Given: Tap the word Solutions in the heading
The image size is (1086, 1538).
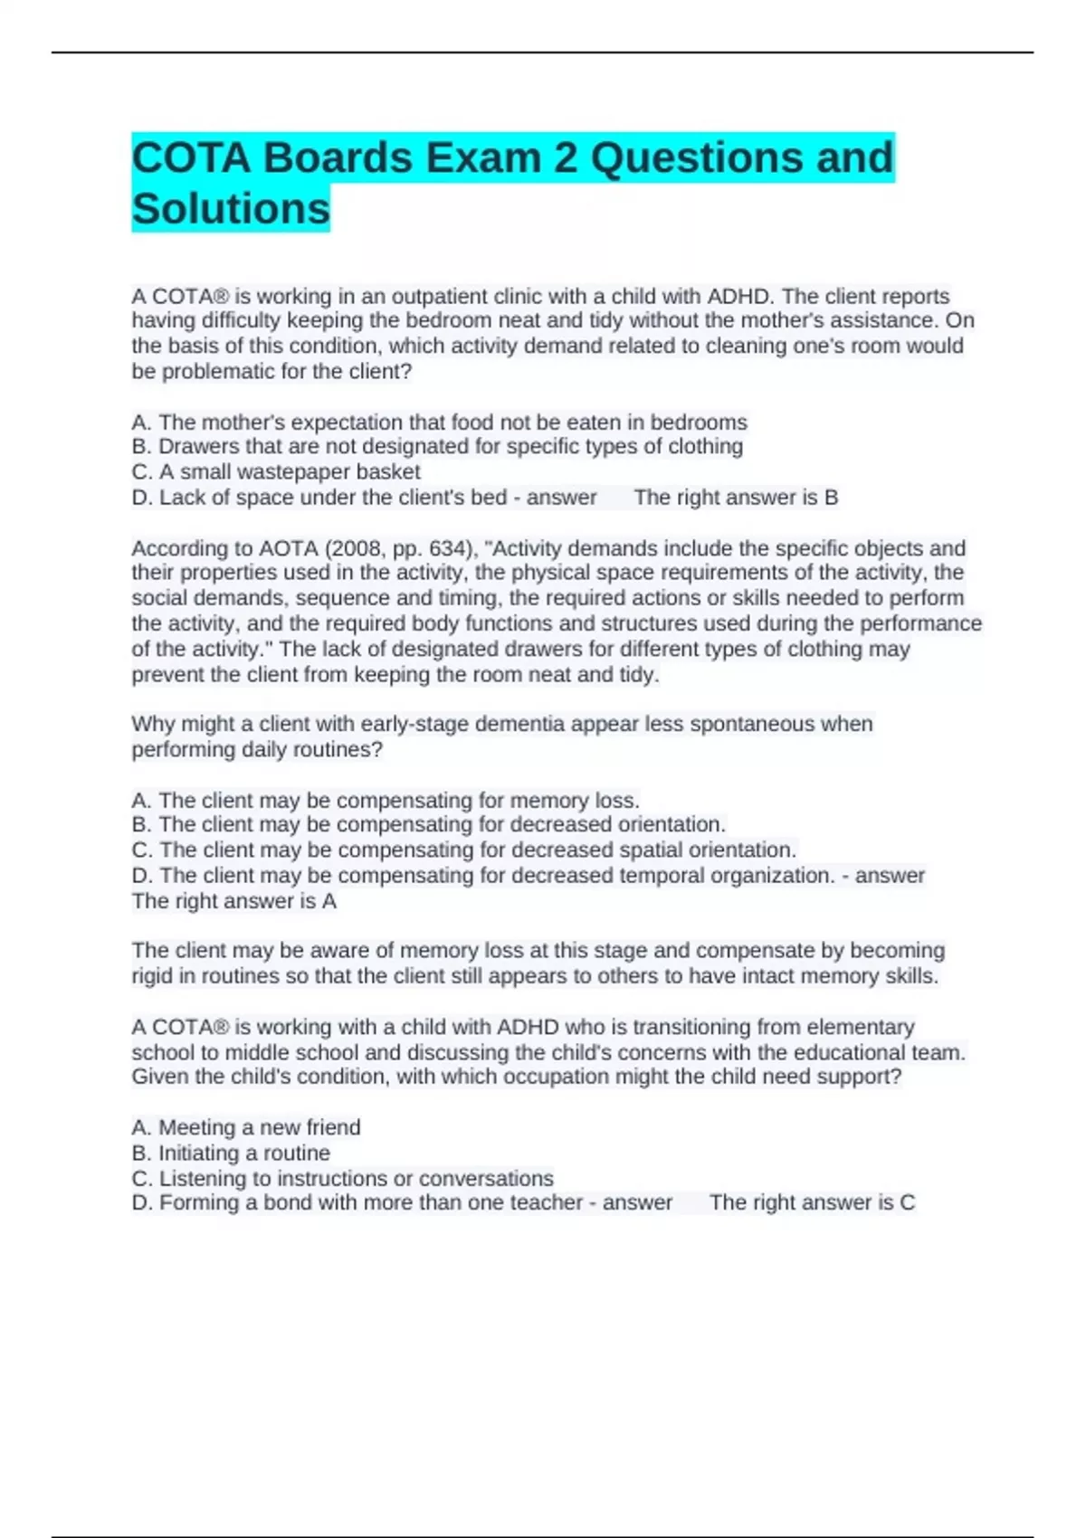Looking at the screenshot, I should [231, 209].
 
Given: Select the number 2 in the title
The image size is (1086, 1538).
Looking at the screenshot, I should [566, 158].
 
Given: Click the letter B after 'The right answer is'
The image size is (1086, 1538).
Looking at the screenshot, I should [831, 498].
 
